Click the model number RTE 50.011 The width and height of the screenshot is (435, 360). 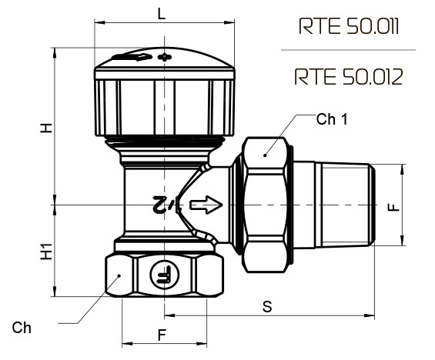click(x=349, y=26)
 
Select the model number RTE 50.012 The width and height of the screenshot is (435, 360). click(x=348, y=77)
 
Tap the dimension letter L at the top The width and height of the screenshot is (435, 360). click(x=162, y=14)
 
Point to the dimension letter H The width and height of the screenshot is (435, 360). click(x=47, y=128)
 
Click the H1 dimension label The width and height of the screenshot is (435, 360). click(x=47, y=252)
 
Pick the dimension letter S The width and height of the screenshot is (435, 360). click(x=267, y=306)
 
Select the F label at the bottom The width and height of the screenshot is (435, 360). click(x=162, y=335)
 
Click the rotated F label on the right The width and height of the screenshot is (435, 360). click(x=393, y=207)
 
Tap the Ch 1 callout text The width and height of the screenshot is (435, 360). click(x=332, y=119)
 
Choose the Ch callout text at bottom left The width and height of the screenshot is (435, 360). click(x=22, y=328)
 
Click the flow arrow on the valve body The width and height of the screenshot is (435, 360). click(x=206, y=205)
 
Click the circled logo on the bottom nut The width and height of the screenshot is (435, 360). click(x=165, y=275)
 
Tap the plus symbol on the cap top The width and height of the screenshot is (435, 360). click(x=165, y=57)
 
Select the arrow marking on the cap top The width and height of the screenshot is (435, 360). click(x=132, y=57)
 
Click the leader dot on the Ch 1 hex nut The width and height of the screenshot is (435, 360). click(x=265, y=155)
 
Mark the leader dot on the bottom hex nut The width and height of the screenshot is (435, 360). click(x=119, y=275)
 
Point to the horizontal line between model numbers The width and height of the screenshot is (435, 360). click(x=348, y=50)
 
